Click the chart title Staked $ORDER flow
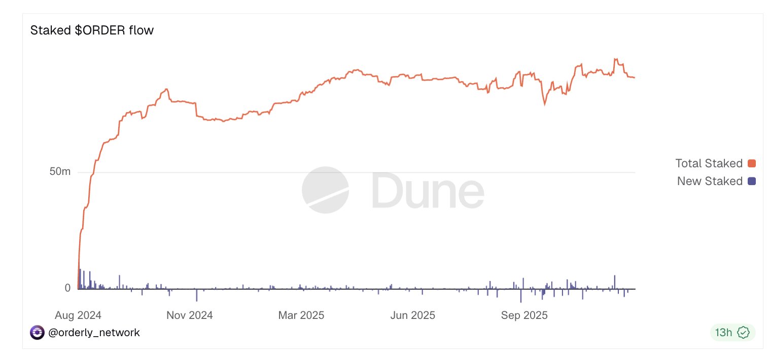[92, 30]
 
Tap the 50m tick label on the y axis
[60, 172]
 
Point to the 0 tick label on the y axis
[67, 288]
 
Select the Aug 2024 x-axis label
[78, 315]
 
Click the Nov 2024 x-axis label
[190, 315]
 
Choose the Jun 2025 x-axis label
[412, 315]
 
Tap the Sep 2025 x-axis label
[525, 315]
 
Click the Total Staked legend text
[709, 163]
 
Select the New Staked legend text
[710, 181]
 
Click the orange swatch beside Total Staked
[752, 163]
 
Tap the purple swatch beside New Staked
[752, 181]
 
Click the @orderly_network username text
[94, 333]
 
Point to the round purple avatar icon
[37, 333]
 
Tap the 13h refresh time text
[723, 333]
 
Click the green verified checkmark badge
[743, 333]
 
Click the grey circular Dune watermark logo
[325, 190]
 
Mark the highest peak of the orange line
[615, 59]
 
